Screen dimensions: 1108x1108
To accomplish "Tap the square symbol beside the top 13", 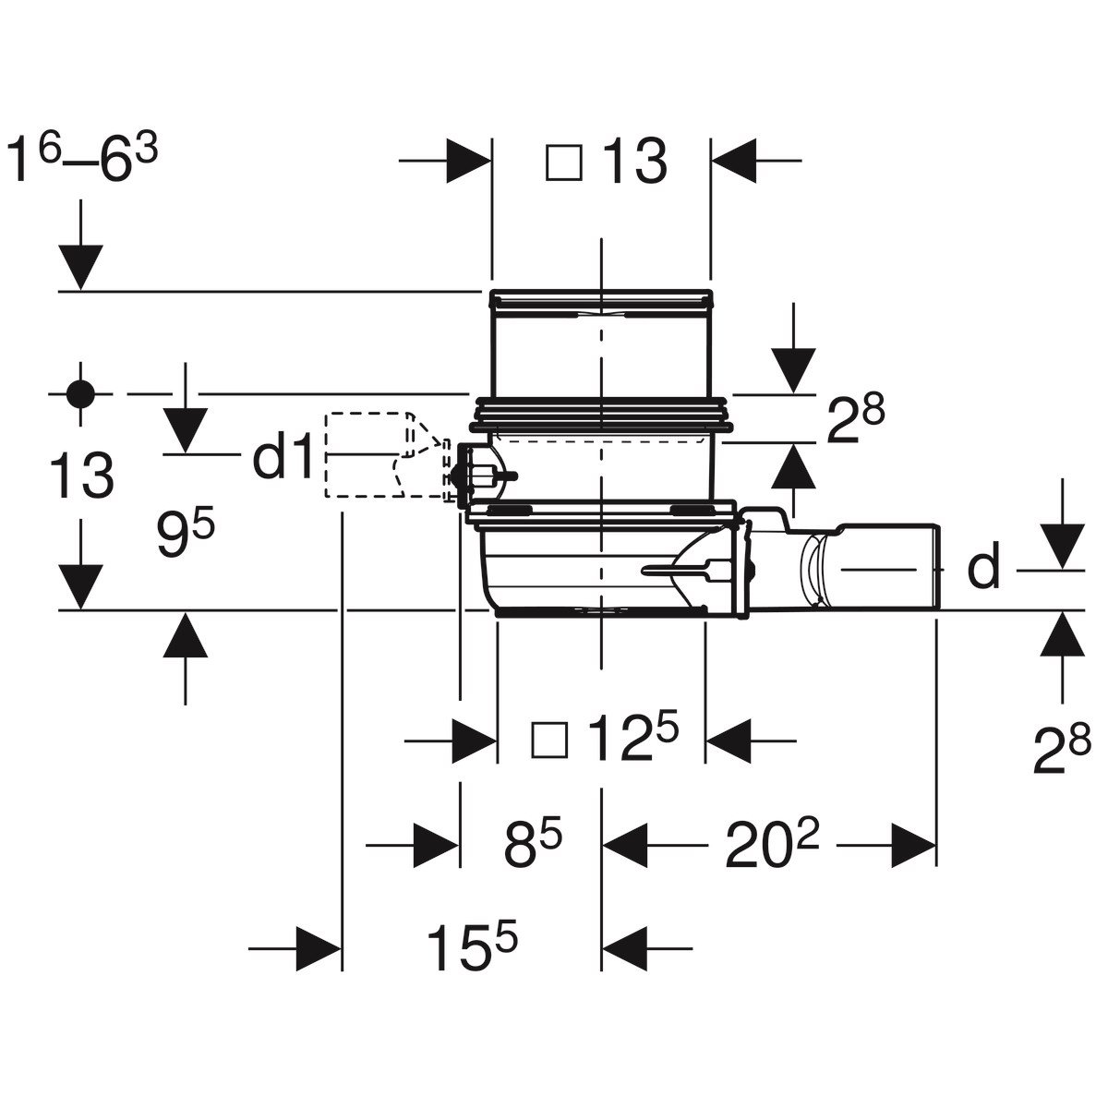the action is click(564, 163).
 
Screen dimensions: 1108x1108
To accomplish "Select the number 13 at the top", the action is click(634, 162).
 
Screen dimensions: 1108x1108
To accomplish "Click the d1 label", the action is click(283, 455).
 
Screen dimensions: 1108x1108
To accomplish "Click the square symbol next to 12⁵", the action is click(549, 740).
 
